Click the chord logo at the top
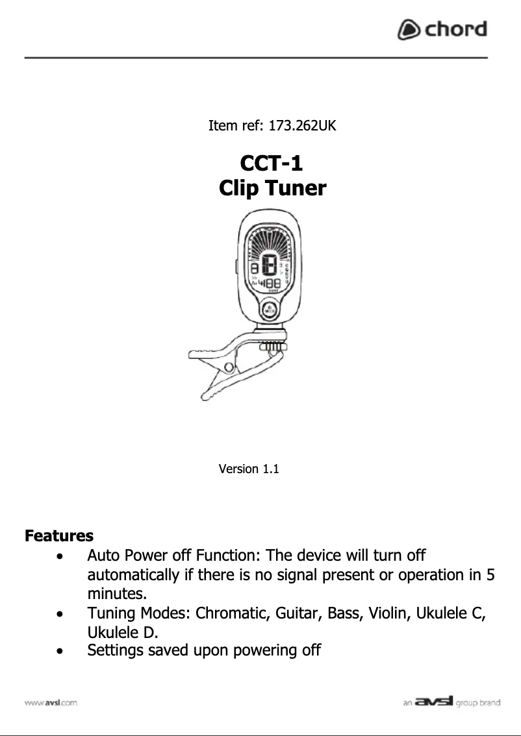pyautogui.click(x=442, y=30)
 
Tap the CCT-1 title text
pyautogui.click(x=272, y=162)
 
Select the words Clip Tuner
pyautogui.click(x=272, y=189)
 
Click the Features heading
pyautogui.click(x=59, y=536)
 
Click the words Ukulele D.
pyautogui.click(x=123, y=632)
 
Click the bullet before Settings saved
pyautogui.click(x=60, y=650)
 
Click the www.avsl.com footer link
pyautogui.click(x=51, y=702)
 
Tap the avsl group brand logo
pyautogui.click(x=451, y=702)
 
